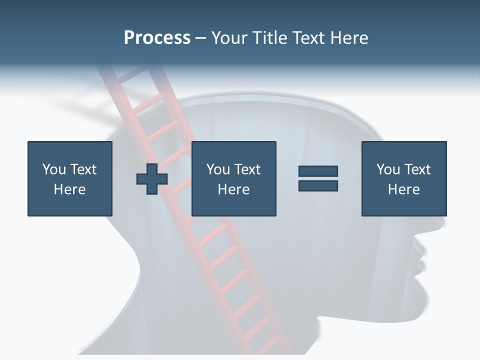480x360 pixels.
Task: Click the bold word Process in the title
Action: (x=157, y=38)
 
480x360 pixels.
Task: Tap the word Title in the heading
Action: (x=270, y=38)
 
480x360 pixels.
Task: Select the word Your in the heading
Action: (x=229, y=38)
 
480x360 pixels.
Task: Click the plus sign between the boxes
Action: (x=152, y=179)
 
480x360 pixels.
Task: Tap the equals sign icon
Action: (x=318, y=178)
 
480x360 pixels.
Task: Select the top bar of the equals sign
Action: (x=318, y=171)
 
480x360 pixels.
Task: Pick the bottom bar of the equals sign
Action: (x=318, y=185)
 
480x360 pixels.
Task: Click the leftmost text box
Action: (x=70, y=178)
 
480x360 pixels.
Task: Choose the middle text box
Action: (x=233, y=178)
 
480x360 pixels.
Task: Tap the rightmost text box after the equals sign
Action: (x=403, y=178)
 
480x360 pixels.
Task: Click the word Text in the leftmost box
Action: (x=83, y=169)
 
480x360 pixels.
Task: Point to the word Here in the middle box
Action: (x=233, y=189)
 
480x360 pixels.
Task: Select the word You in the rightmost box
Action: (x=388, y=169)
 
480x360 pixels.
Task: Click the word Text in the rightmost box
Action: (x=417, y=169)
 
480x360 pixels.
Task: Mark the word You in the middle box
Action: (x=218, y=169)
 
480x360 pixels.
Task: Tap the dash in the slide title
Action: (x=200, y=38)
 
